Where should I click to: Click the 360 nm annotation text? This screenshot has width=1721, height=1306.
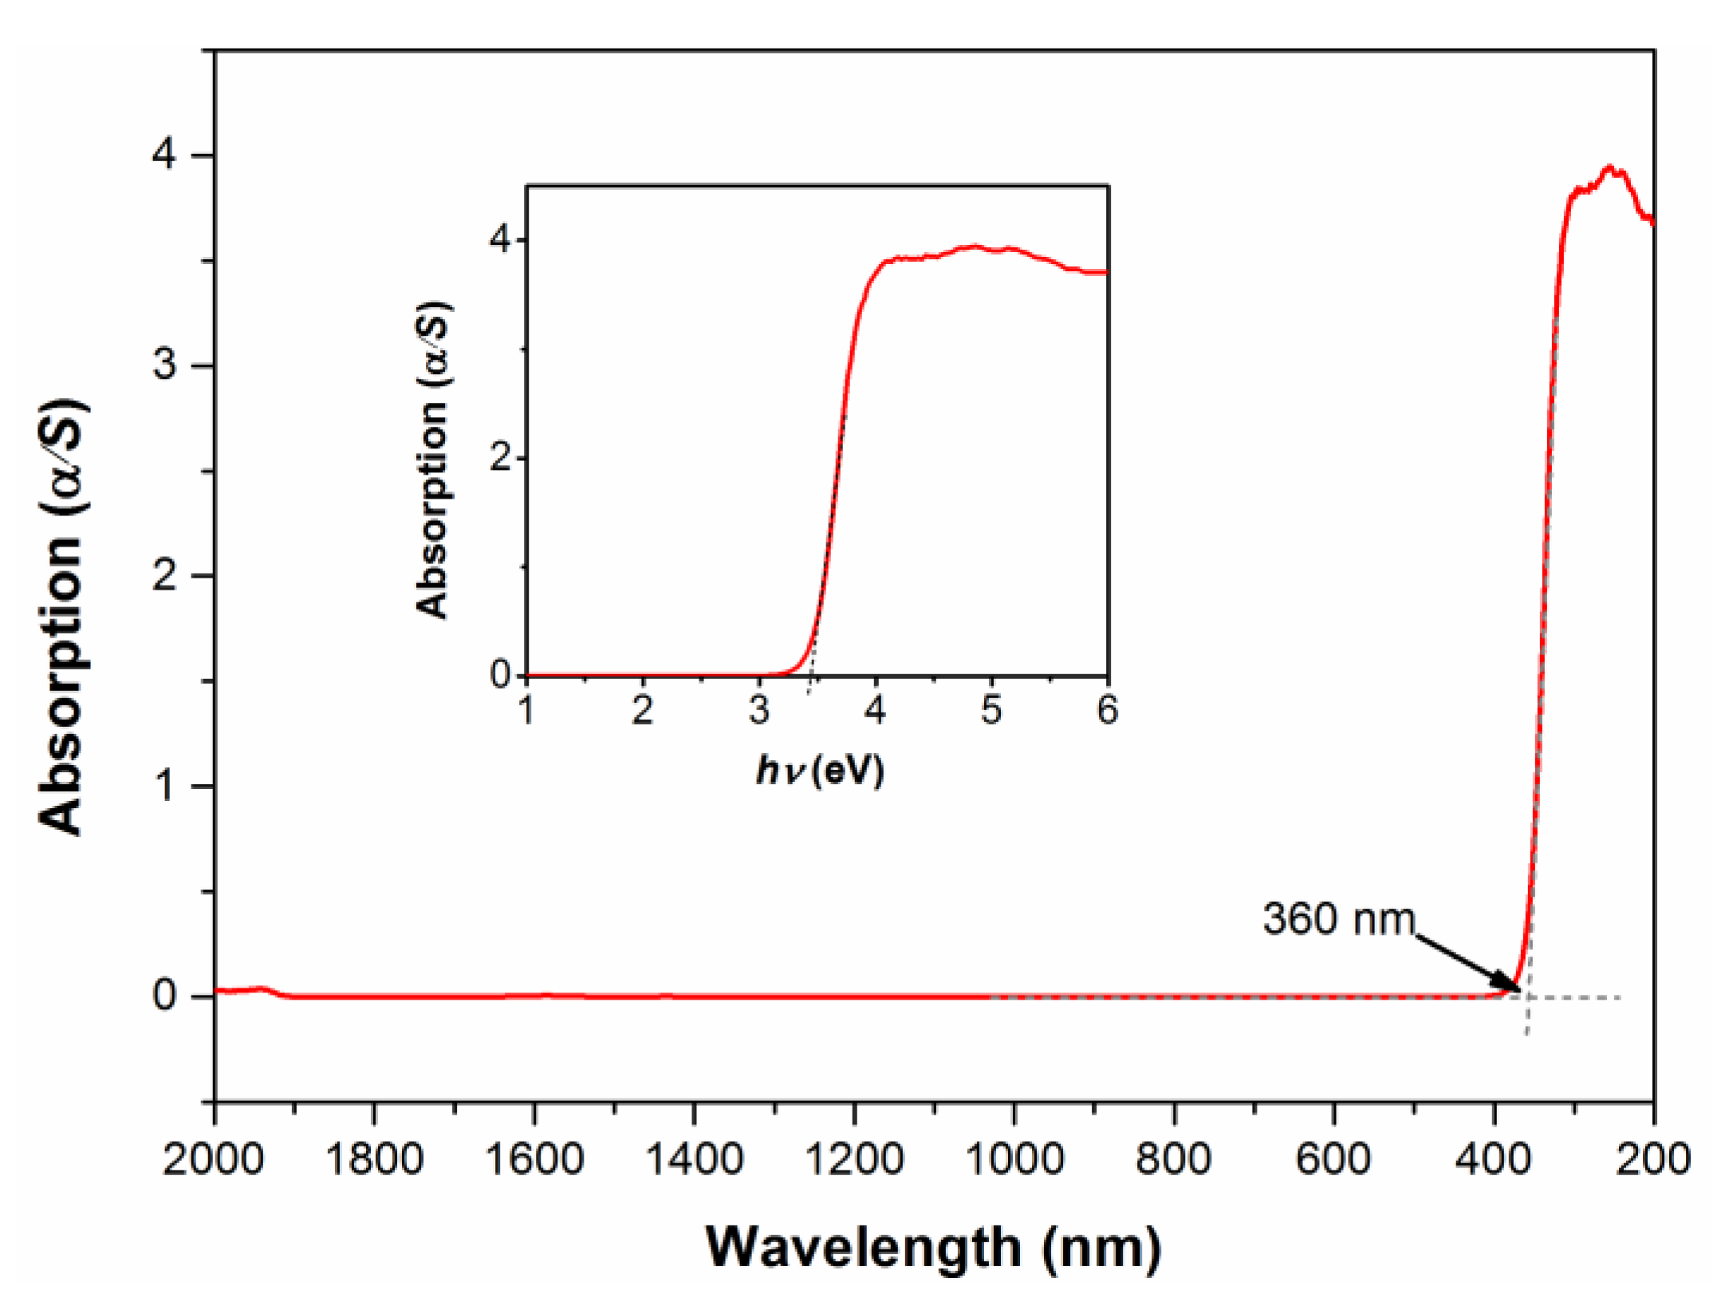(1337, 918)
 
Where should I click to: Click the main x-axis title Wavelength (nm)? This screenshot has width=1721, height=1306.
(934, 1247)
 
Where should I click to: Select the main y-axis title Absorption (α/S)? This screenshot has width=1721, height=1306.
(61, 617)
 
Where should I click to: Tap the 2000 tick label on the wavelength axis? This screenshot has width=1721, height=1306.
(213, 1159)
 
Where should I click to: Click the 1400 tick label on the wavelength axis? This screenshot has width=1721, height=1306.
(694, 1159)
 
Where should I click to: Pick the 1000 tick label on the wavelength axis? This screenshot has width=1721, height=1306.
(1014, 1159)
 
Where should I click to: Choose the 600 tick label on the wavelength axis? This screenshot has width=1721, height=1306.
(1333, 1159)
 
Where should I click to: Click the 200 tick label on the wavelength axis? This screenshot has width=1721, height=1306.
(1653, 1159)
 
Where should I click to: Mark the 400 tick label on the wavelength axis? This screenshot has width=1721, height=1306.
(1494, 1159)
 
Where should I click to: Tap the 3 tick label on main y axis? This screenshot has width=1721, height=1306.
(165, 365)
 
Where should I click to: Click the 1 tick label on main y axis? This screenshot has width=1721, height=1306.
(165, 786)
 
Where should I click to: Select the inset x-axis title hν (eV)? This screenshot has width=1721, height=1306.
(821, 771)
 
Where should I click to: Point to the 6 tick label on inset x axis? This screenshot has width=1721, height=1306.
(1108, 710)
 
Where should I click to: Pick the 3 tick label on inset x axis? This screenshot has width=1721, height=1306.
(759, 710)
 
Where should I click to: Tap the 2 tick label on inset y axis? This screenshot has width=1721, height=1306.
(500, 458)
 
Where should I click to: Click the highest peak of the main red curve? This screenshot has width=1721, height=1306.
(1609, 168)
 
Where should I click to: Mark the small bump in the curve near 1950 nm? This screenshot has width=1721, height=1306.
(261, 988)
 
